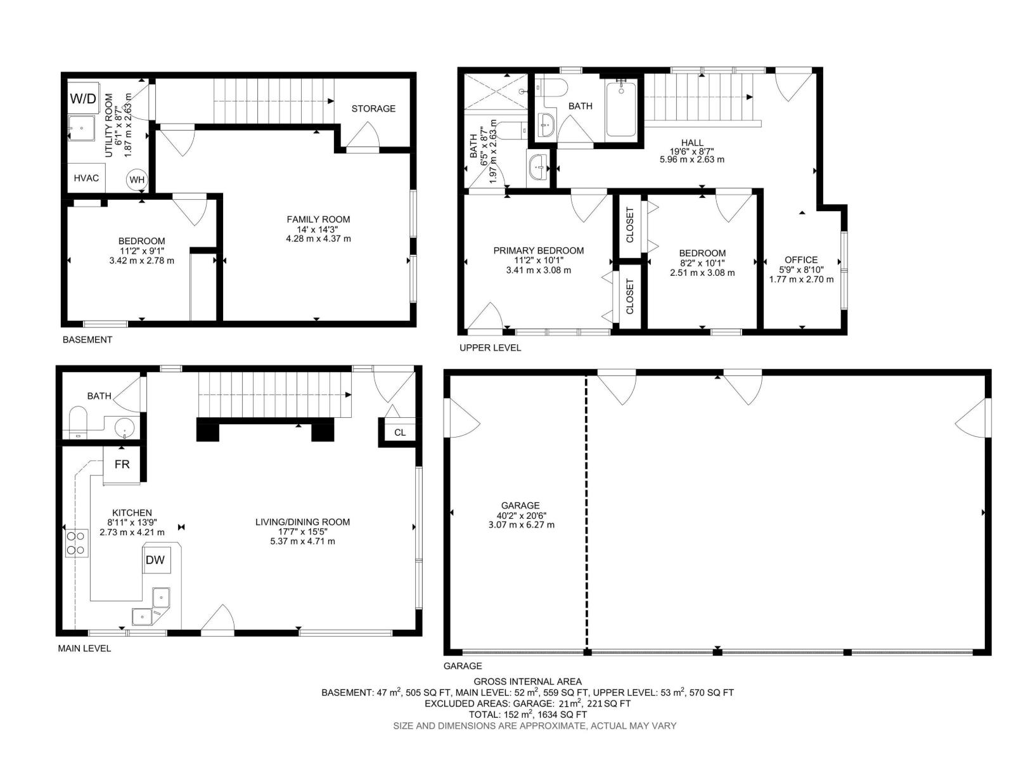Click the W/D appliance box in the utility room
tap(83, 98)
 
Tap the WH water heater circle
tap(137, 179)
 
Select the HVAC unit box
tap(86, 178)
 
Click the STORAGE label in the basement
tap(373, 108)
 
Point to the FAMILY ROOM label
tap(318, 219)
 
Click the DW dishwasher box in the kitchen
tap(155, 559)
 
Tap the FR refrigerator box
tap(122, 464)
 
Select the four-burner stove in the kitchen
tap(76, 543)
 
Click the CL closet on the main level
tap(399, 433)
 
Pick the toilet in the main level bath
tap(79, 422)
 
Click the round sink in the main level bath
tap(125, 428)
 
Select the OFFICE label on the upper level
tap(801, 259)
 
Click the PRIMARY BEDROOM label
tap(539, 250)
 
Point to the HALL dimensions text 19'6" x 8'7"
tap(691, 152)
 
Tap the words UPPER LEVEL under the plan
tap(490, 348)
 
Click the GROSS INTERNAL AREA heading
tap(527, 682)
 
